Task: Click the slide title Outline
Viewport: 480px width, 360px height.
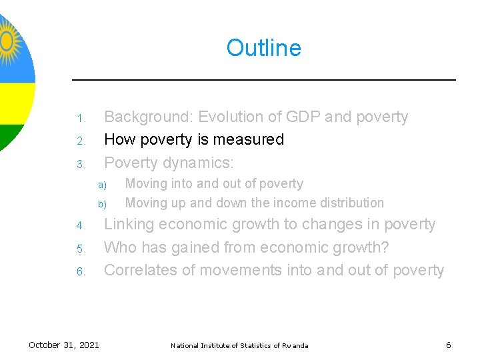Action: [x=263, y=48]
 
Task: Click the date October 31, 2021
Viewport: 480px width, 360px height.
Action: [x=64, y=345]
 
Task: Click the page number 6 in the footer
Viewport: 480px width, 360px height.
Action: [x=448, y=345]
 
